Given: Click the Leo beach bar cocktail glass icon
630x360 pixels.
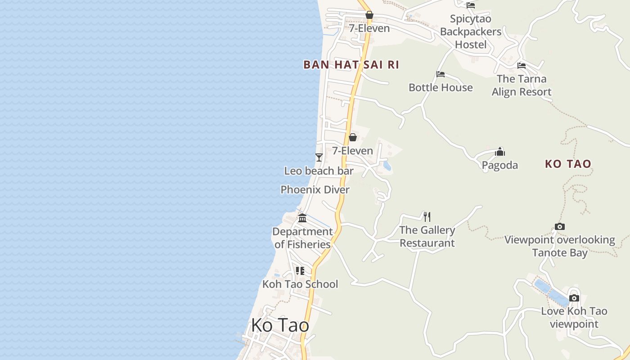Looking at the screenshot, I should coord(319,157).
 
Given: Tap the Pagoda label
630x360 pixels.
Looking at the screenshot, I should coord(499,165).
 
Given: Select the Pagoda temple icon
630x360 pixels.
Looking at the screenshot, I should coord(500,152).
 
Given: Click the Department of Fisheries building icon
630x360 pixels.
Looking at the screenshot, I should coord(302,218).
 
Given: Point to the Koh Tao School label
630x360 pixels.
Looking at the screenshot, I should coord(300,284).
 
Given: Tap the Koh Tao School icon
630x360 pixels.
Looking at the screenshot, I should coord(300,270).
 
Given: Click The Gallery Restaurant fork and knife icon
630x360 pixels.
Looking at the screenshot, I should coord(427,216).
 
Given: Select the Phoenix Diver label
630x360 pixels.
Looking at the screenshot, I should coord(315,189).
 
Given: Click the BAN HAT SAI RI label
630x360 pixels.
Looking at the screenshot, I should coord(351,64).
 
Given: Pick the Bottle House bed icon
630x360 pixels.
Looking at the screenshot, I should coord(441,74).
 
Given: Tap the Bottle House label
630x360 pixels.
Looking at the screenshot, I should coord(441,87).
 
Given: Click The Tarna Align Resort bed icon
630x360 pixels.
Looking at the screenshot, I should coord(522,66).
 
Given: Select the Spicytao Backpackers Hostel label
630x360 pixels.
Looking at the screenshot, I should coord(471,31).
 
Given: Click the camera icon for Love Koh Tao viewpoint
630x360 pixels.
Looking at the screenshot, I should coord(574,298).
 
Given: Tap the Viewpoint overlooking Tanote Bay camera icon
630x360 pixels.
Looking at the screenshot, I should coord(560,226).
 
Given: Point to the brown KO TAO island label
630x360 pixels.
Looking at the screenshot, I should coord(568,164).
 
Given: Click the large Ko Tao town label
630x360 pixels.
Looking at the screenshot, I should coord(280,325).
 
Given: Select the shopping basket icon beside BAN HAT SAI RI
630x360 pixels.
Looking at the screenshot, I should coord(369,15).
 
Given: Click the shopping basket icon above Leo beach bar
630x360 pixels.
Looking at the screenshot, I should coord(353,137).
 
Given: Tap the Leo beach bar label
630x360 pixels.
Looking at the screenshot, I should coord(319,171).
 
